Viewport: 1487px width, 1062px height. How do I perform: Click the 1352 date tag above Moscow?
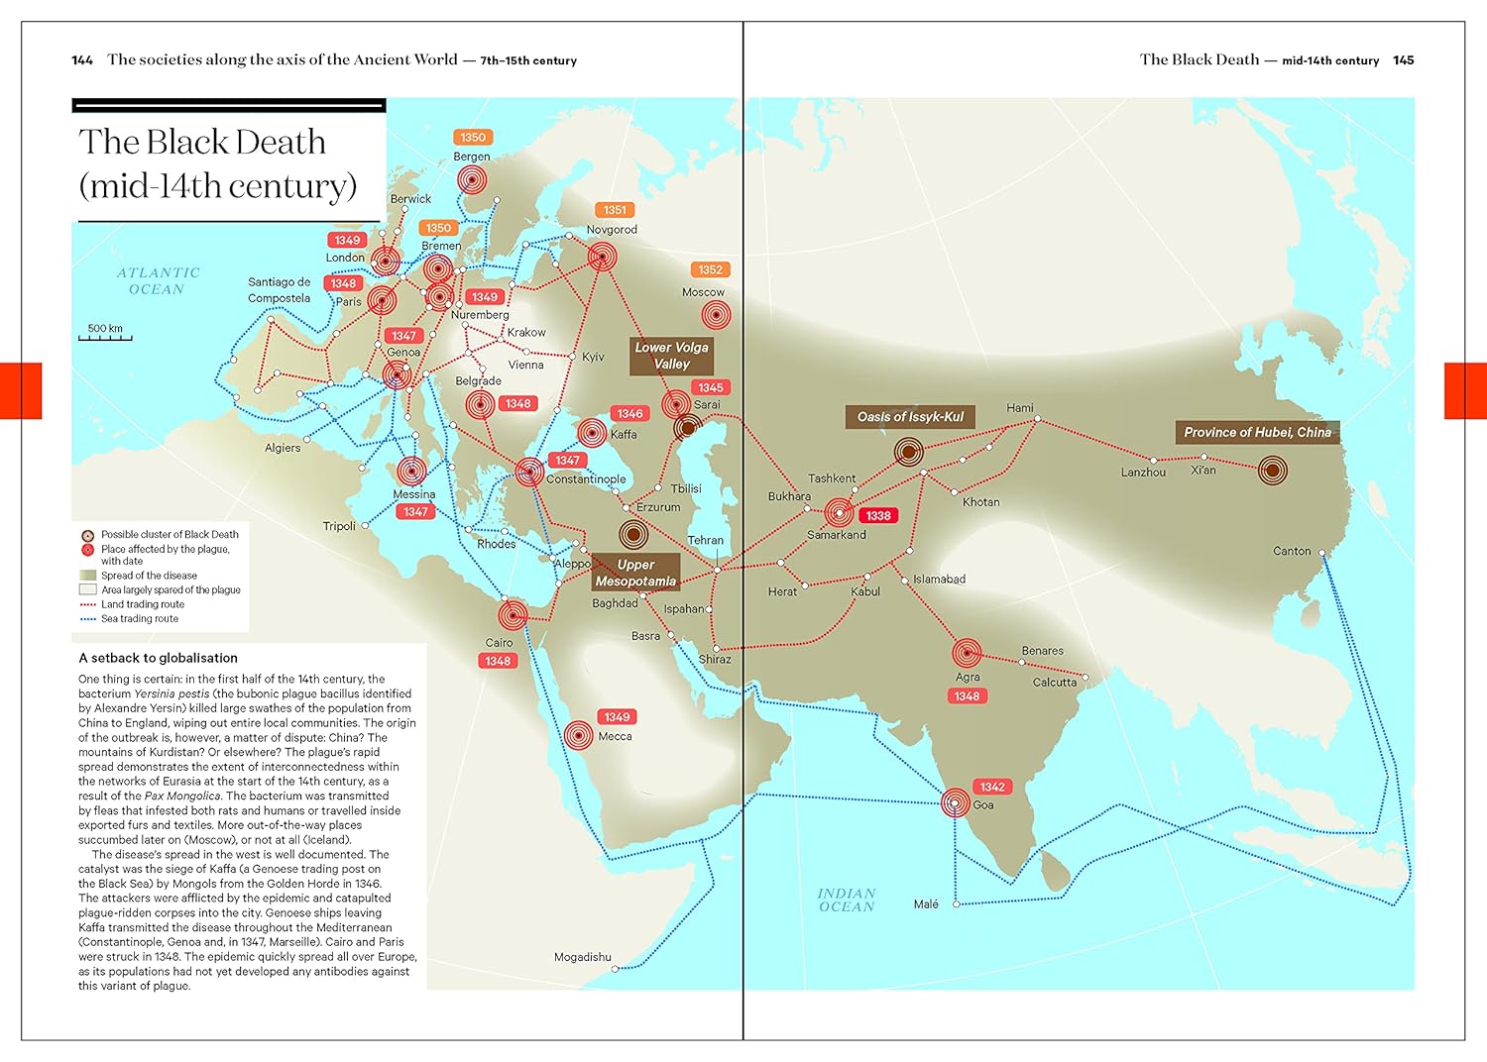tap(710, 269)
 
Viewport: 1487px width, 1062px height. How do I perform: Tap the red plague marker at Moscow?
tap(716, 315)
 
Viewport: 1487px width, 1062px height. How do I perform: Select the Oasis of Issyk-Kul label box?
tap(910, 417)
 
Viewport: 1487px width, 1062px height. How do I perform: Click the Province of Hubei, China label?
tap(1257, 432)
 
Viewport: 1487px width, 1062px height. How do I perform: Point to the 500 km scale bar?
tap(105, 335)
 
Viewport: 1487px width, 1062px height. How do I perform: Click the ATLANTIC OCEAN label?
tap(158, 281)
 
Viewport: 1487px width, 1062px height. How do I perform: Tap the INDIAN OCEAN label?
tap(847, 900)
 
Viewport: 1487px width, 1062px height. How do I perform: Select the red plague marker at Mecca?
tap(579, 735)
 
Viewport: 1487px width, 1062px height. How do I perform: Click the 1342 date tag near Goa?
tap(992, 787)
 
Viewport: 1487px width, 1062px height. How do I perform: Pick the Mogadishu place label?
tap(583, 957)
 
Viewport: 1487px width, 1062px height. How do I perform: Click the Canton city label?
tap(1292, 551)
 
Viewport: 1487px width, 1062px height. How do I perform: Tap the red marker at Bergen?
tap(472, 180)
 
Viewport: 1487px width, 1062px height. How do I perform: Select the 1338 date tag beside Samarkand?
tap(877, 515)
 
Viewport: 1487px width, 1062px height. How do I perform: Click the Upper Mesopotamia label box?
tap(635, 573)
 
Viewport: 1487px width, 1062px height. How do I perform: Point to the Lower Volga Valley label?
tap(671, 356)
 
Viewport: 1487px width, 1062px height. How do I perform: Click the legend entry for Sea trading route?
tap(139, 619)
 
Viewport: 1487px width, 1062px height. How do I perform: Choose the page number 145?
tap(1403, 60)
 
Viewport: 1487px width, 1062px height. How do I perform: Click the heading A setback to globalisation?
tap(159, 658)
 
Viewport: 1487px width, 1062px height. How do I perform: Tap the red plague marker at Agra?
tap(967, 653)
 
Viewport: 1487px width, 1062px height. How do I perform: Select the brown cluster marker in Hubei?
tap(1273, 470)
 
